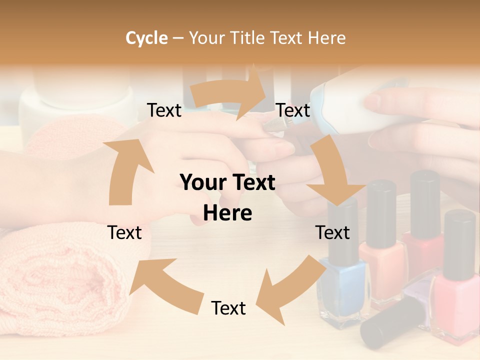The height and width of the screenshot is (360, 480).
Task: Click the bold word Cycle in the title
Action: click(146, 38)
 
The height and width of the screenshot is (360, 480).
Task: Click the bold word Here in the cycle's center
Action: click(227, 213)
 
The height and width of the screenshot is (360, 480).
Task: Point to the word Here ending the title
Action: click(327, 38)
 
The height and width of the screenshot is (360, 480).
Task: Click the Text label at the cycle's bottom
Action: click(228, 308)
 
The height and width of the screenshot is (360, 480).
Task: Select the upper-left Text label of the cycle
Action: click(164, 110)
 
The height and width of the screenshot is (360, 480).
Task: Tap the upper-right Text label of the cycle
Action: click(293, 110)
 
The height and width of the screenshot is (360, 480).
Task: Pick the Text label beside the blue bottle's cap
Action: click(332, 232)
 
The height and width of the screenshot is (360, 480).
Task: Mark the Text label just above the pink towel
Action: click(124, 232)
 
